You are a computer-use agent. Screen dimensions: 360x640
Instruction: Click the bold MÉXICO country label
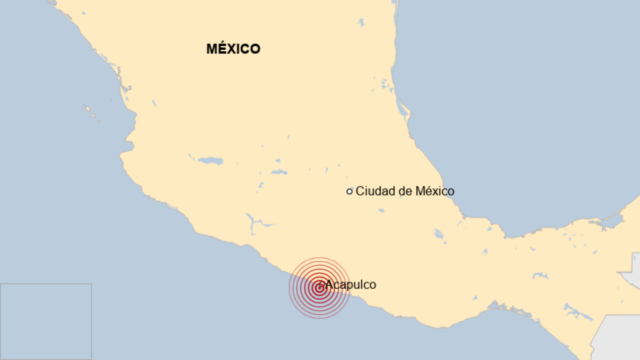(x=233, y=49)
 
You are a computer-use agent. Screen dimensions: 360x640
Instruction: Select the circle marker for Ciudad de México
(x=349, y=191)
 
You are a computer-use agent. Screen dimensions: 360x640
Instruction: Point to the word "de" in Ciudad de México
(x=405, y=191)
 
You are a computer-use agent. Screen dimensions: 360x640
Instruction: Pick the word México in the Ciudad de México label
(x=435, y=191)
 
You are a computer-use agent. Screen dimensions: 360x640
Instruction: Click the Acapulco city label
(x=351, y=284)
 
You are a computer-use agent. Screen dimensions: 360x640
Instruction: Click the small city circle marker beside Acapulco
(x=321, y=285)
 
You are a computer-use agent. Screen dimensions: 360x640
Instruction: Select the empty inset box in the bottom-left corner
(x=46, y=321)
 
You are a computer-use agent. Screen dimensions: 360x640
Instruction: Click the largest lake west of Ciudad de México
(x=211, y=161)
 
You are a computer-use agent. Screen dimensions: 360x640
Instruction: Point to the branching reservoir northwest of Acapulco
(x=255, y=224)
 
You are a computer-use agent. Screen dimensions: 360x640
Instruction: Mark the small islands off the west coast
(x=91, y=113)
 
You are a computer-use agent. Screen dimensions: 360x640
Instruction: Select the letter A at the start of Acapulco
(x=329, y=284)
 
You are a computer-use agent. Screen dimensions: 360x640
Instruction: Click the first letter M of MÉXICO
(x=212, y=49)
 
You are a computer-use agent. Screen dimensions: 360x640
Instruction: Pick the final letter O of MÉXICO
(x=255, y=49)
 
